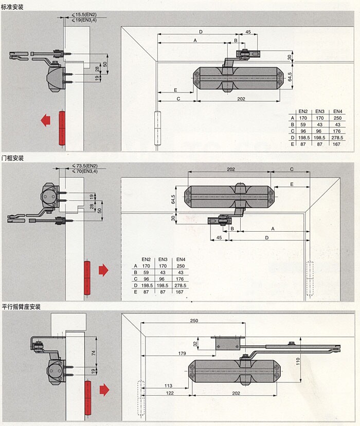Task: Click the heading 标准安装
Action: pos(12,7)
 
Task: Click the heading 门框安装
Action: pos(12,158)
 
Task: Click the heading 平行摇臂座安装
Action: pos(21,307)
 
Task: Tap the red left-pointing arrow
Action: pos(45,120)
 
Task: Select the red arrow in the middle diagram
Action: pos(103,270)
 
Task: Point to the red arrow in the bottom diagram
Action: pos(104,390)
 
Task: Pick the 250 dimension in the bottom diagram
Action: pos(193,321)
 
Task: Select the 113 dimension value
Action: pos(168,385)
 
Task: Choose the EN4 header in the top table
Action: pos(337,112)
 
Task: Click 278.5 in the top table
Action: pos(337,137)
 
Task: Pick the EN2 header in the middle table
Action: pos(146,259)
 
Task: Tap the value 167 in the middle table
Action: pos(181,292)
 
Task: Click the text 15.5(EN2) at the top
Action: pos(86,14)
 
